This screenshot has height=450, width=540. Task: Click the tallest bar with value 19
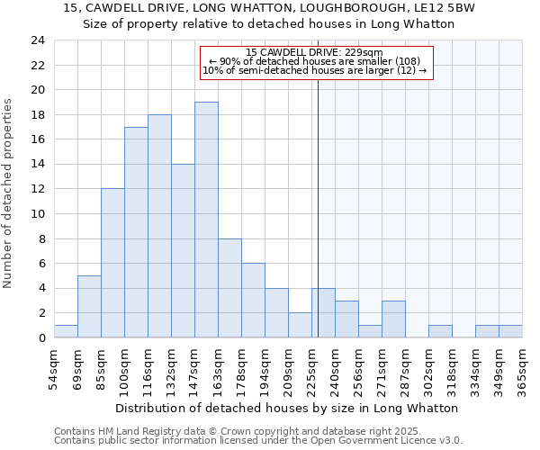pos(206,220)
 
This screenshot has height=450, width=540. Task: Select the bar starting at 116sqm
pos(159,226)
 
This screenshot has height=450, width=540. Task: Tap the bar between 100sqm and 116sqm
pos(136,232)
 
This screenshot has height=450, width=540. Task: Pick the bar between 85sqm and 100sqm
pos(112,263)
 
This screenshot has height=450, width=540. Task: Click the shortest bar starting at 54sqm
pos(66,331)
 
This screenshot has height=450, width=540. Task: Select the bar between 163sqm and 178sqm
pos(229,288)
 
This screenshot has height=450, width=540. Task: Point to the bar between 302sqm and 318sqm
pos(440,331)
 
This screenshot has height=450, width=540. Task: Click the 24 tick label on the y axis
pos(38,40)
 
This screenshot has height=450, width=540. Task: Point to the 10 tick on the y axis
pos(38,214)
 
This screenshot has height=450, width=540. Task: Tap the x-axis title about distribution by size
pos(287,408)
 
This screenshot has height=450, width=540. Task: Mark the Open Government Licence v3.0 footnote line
pos(258,440)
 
